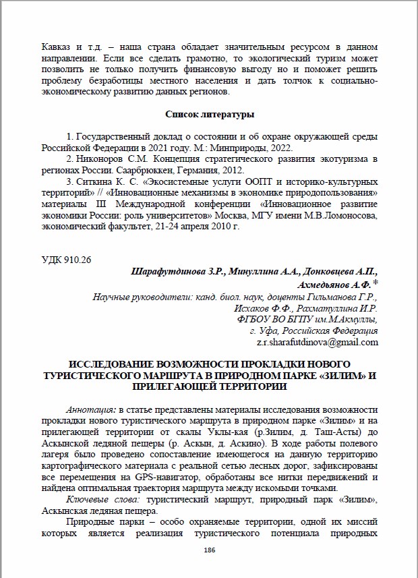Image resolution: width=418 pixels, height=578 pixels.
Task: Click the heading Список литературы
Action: pyautogui.click(x=209, y=114)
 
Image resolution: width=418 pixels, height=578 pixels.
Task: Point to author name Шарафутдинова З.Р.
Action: pyautogui.click(x=173, y=272)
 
